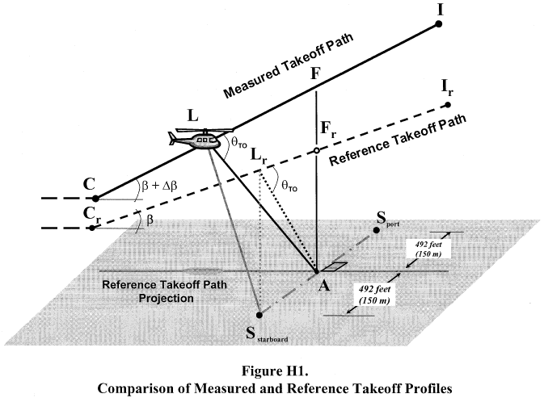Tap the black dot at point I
click(438, 25)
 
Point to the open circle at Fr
click(317, 150)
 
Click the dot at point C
click(95, 198)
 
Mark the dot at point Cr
click(93, 228)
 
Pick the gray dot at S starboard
click(258, 315)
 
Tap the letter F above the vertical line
click(317, 74)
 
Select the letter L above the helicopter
click(192, 115)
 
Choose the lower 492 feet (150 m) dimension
click(373, 294)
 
